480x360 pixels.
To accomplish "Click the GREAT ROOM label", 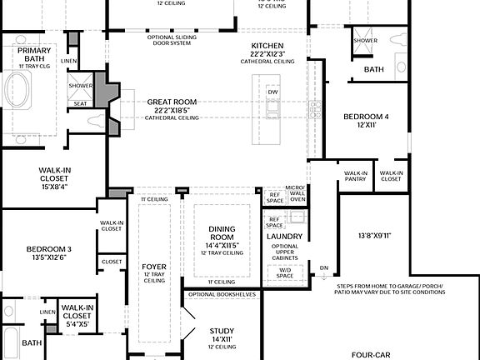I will point(172,101).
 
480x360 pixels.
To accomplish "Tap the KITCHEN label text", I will point(267,45).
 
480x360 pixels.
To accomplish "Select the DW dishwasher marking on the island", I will point(273,92).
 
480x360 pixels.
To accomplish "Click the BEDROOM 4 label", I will point(366,117).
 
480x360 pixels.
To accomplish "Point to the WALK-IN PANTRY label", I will point(356,176).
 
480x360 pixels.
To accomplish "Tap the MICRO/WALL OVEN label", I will point(296,193).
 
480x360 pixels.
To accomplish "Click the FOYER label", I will point(155,267).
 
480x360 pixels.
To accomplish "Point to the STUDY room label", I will point(221,331).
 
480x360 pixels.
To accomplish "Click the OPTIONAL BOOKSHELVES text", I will point(222,294).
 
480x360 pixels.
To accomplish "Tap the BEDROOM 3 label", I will point(48,249).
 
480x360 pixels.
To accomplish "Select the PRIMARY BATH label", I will point(34,55).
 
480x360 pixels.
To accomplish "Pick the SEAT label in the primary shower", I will point(80,104).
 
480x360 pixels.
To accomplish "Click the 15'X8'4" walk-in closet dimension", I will point(54,186).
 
